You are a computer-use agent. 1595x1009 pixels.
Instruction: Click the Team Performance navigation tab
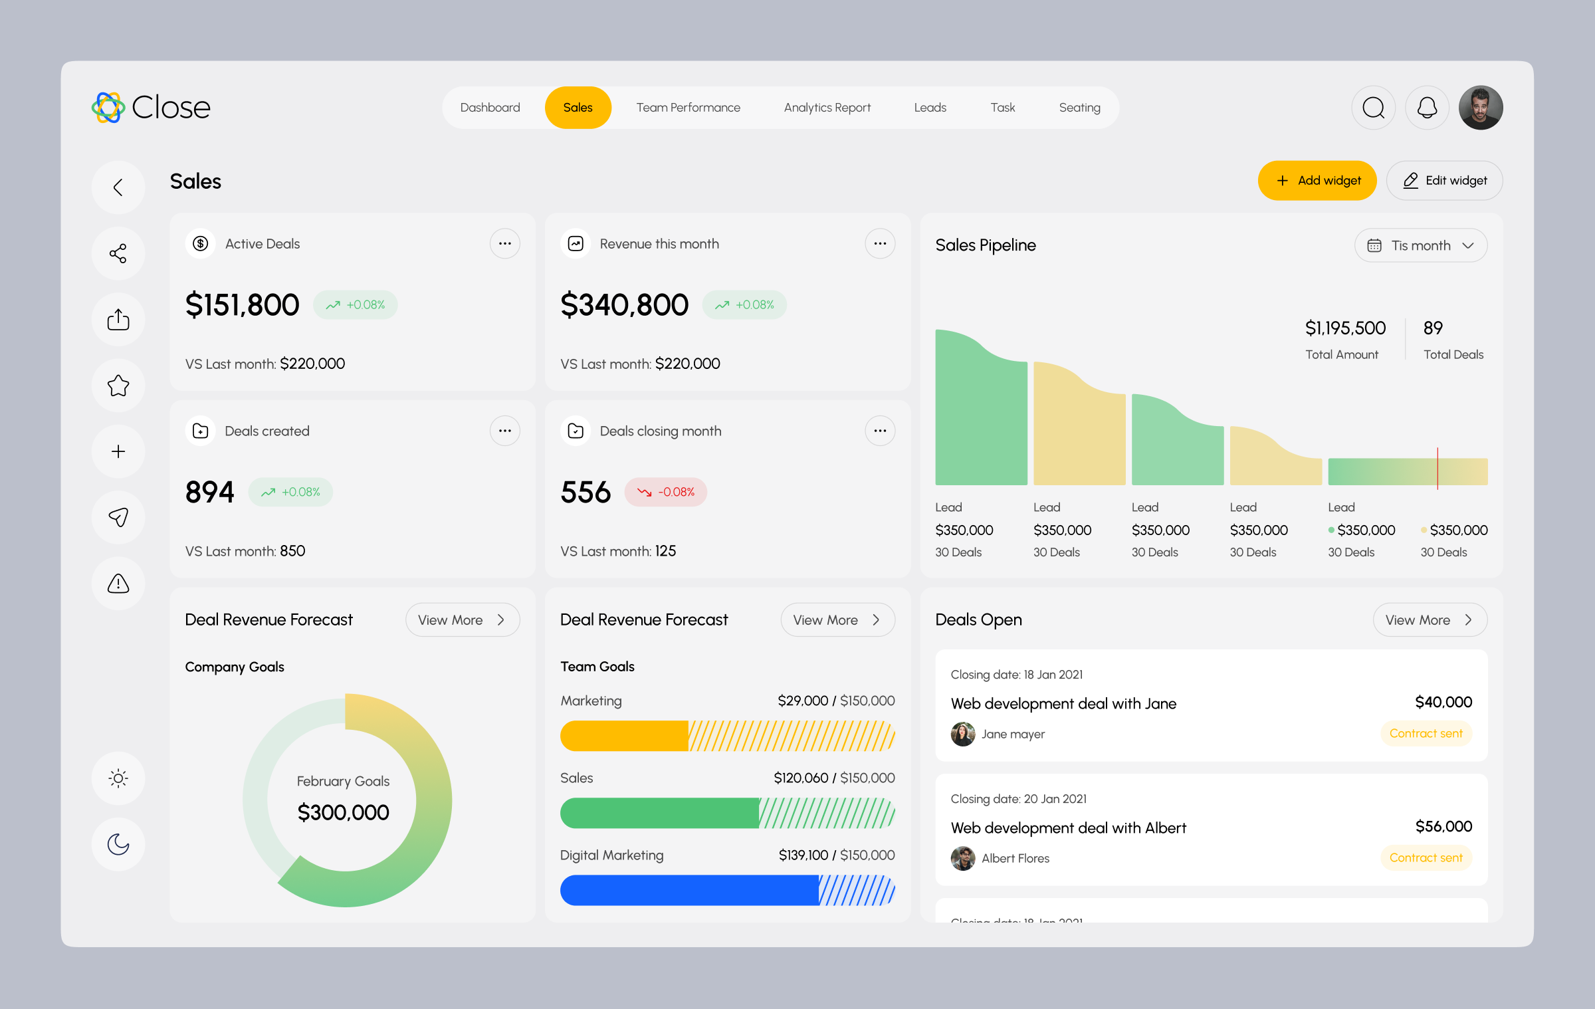(688, 108)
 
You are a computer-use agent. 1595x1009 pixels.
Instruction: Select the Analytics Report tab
(827, 108)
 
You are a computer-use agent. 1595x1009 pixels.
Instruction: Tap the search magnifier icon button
(1373, 108)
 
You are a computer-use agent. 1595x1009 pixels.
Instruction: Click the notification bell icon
(1427, 108)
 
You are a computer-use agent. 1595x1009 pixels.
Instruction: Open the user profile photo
(1481, 108)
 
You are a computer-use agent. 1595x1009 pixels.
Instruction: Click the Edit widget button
(1444, 181)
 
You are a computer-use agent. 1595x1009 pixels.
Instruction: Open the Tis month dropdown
(1420, 246)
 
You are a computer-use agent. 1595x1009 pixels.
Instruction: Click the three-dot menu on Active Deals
(504, 244)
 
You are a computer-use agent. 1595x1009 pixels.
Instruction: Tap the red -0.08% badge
(666, 493)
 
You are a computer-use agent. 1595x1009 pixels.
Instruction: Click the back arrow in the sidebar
(118, 187)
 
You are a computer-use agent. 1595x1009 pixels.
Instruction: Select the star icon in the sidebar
(118, 386)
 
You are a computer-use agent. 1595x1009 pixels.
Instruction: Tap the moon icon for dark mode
(118, 844)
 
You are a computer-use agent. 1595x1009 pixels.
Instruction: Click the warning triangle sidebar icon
(118, 584)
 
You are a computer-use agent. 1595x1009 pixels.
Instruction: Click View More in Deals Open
(1430, 620)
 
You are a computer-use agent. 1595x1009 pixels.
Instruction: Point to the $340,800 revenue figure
(624, 305)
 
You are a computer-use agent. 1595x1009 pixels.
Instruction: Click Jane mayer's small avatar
(963, 734)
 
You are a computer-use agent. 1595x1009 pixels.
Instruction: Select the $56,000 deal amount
(1443, 826)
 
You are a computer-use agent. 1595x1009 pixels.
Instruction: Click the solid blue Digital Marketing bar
(689, 890)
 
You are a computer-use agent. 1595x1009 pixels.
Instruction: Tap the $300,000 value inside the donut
(343, 812)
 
